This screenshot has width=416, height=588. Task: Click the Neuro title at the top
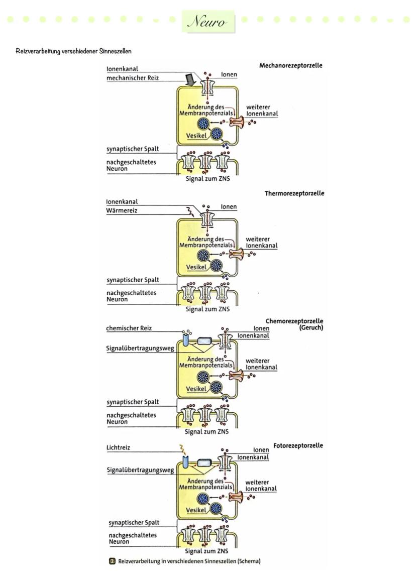tap(207, 22)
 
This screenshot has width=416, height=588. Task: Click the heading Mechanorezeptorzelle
tap(291, 65)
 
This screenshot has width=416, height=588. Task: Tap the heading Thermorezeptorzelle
tap(294, 193)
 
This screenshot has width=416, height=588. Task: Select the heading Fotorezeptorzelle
tap(298, 445)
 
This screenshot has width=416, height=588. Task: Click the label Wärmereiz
tap(122, 210)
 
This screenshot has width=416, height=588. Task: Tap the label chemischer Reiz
tap(129, 328)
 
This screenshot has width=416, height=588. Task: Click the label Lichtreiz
tap(118, 447)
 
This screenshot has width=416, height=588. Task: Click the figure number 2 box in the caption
tap(113, 561)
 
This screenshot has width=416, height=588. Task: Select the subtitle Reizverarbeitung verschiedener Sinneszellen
tap(73, 51)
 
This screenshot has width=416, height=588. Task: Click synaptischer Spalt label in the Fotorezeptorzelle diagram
tap(134, 523)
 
